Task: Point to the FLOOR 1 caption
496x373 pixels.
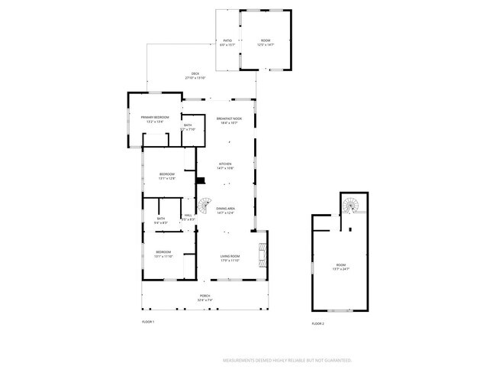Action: [x=148, y=323]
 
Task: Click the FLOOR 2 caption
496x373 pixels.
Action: [x=317, y=324]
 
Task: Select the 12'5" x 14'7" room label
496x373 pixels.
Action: [x=266, y=43]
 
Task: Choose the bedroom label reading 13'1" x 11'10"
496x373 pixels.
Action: [x=164, y=254]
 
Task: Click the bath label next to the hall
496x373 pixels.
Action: [x=161, y=220]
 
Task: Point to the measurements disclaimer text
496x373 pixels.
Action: [x=287, y=359]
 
